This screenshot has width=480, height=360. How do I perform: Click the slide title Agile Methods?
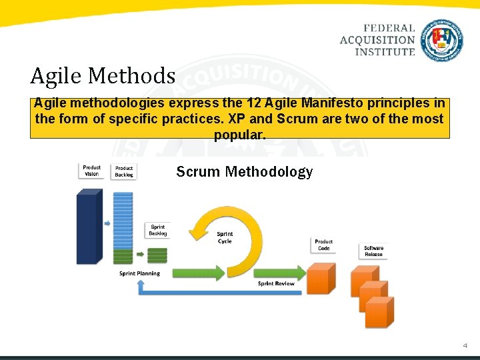[102, 76]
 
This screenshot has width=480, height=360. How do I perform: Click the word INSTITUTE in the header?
[385, 51]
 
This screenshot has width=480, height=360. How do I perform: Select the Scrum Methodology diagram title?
[244, 172]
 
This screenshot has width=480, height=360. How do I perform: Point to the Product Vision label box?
[91, 171]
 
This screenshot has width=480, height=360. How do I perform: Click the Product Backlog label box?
[124, 171]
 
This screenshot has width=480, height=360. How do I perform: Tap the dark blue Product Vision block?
[88, 226]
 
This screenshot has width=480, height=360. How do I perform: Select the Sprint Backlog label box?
[158, 231]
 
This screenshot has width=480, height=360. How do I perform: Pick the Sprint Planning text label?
[139, 273]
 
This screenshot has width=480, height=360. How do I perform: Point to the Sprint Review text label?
[276, 283]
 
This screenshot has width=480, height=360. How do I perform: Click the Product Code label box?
[323, 245]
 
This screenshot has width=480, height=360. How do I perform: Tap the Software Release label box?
[373, 251]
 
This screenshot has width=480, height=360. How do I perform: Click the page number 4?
[465, 346]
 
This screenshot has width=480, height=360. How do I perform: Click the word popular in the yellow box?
[239, 135]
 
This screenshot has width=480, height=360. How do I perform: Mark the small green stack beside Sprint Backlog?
[157, 255]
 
